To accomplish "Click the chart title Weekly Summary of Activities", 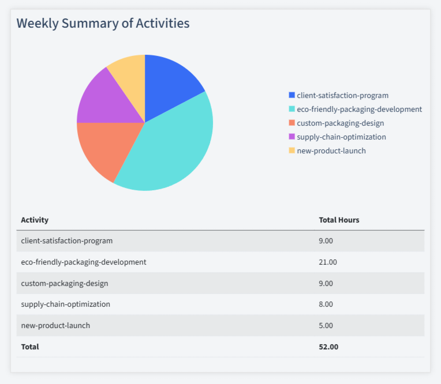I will (103, 24).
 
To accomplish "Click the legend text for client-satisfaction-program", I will (342, 95).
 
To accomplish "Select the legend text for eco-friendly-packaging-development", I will (359, 109).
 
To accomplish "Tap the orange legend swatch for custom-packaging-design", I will (291, 123).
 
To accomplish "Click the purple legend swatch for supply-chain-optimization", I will (291, 137).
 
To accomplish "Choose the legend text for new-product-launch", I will (331, 150).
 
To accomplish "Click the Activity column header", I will (35, 220).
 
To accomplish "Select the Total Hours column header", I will (339, 220).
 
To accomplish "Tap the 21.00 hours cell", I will (327, 262).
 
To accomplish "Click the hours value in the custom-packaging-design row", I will (326, 283).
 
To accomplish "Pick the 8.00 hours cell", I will (326, 304).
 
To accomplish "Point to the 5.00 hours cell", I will (326, 325).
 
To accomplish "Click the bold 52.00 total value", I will (328, 347).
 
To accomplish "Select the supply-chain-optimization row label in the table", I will (65, 304).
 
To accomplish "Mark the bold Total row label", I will (30, 347).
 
